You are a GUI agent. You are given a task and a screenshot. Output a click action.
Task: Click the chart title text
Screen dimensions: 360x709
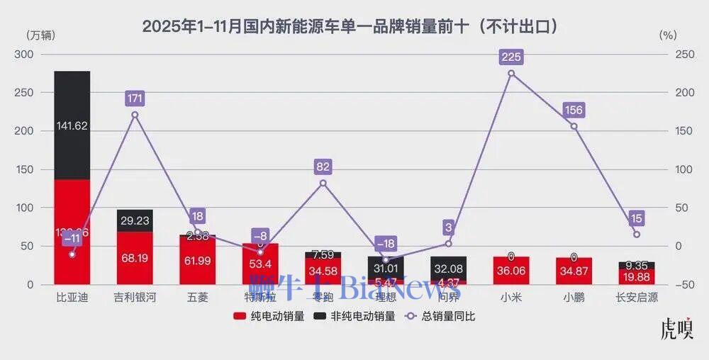coord(354,27)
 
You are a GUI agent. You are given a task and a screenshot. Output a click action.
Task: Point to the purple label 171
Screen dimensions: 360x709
coord(135,99)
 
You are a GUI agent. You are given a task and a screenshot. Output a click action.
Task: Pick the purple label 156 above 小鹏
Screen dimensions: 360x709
coord(574,110)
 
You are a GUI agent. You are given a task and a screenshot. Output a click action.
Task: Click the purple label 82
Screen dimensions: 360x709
coord(323,167)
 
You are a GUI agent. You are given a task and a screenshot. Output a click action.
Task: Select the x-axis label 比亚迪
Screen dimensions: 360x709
coord(72,298)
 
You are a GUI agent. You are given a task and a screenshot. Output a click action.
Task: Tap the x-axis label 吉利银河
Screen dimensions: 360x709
coord(135,298)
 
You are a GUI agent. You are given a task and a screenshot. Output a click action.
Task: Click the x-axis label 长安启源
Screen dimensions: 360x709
coord(636,298)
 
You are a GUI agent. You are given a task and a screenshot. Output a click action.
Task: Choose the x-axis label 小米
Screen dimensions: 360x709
coord(511,298)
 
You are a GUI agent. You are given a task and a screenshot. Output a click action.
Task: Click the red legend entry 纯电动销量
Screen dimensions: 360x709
coord(269,317)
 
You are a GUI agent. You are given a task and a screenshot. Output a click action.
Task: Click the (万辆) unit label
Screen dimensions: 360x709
coord(41,35)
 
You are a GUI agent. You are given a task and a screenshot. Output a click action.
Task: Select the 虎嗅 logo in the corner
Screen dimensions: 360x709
coord(676,330)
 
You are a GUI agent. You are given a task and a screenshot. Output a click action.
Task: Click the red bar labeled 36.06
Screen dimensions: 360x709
coord(511,271)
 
